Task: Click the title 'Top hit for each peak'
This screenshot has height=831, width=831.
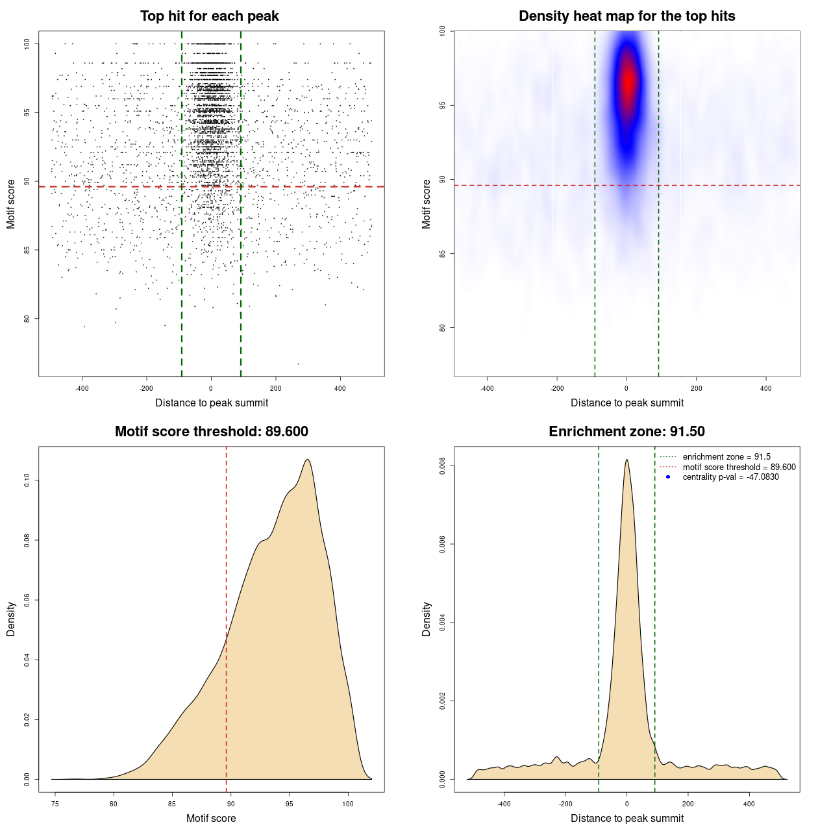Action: pyautogui.click(x=209, y=16)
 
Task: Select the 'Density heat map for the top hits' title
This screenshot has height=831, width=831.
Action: pyautogui.click(x=626, y=16)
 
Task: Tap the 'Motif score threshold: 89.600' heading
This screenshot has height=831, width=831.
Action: pyautogui.click(x=211, y=432)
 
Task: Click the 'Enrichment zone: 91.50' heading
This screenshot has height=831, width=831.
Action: pyautogui.click(x=626, y=432)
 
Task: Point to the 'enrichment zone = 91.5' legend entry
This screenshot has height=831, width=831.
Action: pyautogui.click(x=726, y=457)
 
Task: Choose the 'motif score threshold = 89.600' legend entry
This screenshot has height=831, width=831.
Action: pyautogui.click(x=739, y=467)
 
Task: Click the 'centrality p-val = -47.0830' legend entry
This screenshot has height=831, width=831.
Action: pyautogui.click(x=730, y=477)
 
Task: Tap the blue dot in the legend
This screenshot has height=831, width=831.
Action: pyautogui.click(x=668, y=477)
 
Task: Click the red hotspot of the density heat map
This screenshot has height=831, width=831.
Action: pyautogui.click(x=628, y=81)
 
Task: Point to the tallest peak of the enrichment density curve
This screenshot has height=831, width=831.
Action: pyautogui.click(x=626, y=460)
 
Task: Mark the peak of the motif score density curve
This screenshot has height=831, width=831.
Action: pyautogui.click(x=307, y=460)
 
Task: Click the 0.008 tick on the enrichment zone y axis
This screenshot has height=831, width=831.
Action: pyautogui.click(x=442, y=466)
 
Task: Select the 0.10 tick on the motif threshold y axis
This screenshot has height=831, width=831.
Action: pyautogui.click(x=27, y=480)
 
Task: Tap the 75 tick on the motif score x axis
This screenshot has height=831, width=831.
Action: pyautogui.click(x=55, y=804)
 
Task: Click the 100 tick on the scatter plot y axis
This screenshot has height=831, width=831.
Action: pyautogui.click(x=27, y=43)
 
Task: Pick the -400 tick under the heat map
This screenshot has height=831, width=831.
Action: pyautogui.click(x=487, y=388)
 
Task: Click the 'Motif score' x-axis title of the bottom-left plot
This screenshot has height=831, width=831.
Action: pyautogui.click(x=211, y=818)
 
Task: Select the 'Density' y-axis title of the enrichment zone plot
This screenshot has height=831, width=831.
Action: pyautogui.click(x=427, y=619)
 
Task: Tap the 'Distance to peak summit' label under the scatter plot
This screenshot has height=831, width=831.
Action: pyautogui.click(x=212, y=403)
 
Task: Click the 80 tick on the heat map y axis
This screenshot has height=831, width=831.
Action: pyautogui.click(x=442, y=327)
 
